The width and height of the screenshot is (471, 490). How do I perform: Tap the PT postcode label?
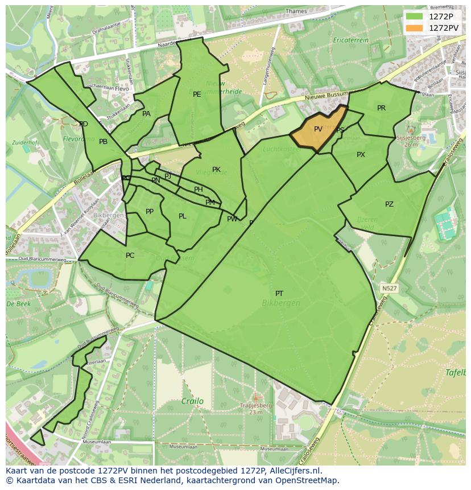point(279,294)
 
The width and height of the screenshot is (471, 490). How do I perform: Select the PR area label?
point(381,108)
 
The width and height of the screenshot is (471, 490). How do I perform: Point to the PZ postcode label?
point(389,204)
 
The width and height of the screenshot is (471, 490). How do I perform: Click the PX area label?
point(361,155)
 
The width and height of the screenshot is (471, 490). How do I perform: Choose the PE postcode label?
point(197,94)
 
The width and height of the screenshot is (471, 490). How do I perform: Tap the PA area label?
point(146,114)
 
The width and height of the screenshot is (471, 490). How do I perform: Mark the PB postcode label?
point(103,142)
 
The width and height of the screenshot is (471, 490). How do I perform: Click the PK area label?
point(216,170)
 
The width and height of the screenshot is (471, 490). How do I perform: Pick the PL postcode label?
point(182,216)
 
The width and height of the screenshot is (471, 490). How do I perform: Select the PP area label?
point(150,212)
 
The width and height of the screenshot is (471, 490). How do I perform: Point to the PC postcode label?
point(130,256)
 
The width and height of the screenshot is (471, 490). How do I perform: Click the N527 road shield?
point(389,289)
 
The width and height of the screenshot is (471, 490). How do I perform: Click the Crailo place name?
point(192,401)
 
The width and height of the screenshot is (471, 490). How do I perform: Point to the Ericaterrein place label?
point(351,40)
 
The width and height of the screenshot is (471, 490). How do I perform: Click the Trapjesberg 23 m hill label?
point(255,409)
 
